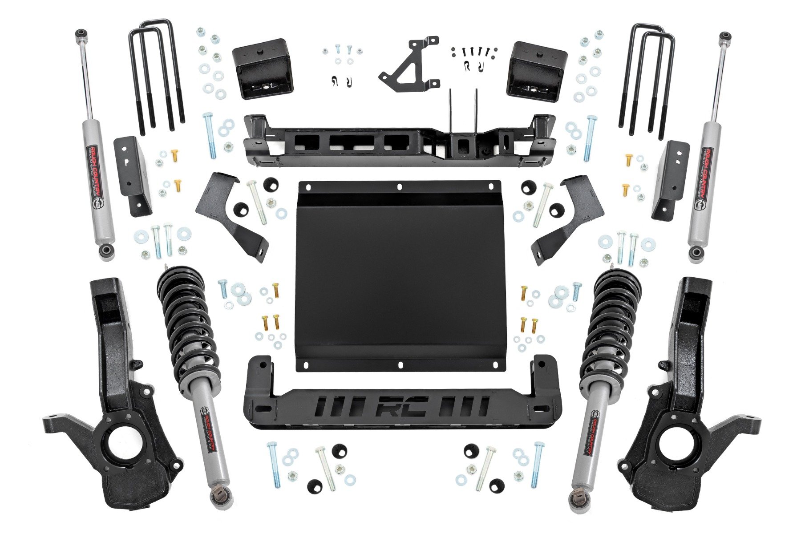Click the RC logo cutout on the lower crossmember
[x=402, y=406]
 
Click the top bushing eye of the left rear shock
[x=81, y=33]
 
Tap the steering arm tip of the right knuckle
[x=753, y=420]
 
